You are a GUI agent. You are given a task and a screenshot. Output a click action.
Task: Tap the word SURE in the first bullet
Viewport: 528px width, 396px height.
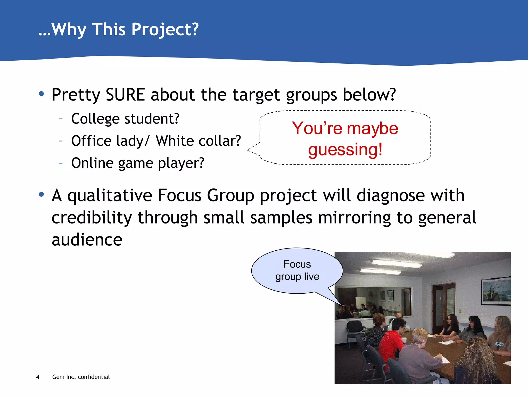coord(125,95)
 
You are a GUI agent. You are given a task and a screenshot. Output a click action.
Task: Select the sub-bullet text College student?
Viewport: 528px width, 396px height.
coord(125,119)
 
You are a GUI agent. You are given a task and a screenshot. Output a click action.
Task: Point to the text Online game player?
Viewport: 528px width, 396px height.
coord(138,163)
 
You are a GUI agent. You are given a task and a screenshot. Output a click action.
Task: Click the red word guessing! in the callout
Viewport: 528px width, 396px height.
coord(345,150)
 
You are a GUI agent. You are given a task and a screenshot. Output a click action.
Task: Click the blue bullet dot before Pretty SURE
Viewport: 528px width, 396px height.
coord(41,94)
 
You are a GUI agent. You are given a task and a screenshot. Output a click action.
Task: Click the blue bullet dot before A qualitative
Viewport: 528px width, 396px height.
coord(41,194)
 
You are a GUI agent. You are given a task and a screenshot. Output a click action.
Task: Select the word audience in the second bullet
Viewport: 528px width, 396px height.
coord(87,240)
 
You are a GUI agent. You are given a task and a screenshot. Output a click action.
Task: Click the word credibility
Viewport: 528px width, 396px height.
coord(92,218)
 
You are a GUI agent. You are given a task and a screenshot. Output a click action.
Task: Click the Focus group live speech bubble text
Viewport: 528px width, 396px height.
coord(297,270)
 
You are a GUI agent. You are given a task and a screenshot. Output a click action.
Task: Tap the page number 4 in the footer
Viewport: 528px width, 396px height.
coord(38,377)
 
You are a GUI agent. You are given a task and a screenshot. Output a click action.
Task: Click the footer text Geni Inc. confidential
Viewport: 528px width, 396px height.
coord(81,377)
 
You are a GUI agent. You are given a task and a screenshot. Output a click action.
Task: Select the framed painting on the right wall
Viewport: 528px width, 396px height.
coord(496,291)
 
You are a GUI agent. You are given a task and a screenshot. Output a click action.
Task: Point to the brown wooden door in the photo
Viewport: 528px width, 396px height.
coord(440,307)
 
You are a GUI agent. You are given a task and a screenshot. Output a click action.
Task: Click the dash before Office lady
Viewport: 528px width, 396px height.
coord(61,141)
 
